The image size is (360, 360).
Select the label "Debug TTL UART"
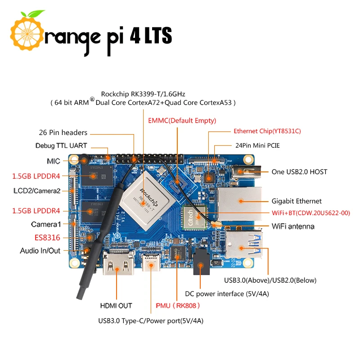pos(61,146)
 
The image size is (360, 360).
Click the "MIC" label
pos(53,161)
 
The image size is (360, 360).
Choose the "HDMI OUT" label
pos(116,306)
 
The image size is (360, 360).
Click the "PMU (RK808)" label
pos(177,306)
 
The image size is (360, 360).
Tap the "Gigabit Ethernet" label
pos(297,201)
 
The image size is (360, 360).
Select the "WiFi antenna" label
pos(293,226)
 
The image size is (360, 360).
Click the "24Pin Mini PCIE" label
pos(261,146)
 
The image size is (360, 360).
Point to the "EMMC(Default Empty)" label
pos(182,121)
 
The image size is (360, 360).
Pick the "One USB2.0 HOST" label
pos(299,171)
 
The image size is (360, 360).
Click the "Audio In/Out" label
pos(40,251)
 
